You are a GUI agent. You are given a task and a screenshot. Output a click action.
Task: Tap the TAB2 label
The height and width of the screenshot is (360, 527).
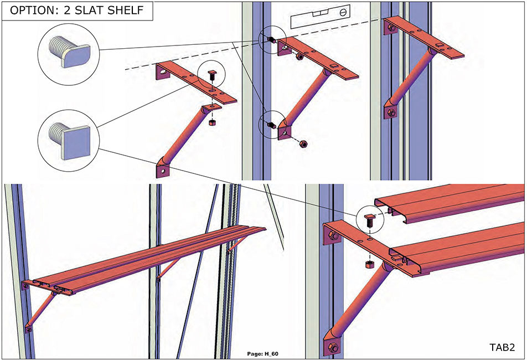coord(502,347)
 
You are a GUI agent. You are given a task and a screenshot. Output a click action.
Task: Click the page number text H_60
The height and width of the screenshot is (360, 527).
coord(272,353)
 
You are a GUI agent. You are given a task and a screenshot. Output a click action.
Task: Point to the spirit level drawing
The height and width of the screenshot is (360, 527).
coord(321,16)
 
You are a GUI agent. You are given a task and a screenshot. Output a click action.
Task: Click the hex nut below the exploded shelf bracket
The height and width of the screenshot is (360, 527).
coord(212,122)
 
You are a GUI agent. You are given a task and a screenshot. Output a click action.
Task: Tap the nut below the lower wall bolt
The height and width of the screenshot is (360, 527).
coord(303,144)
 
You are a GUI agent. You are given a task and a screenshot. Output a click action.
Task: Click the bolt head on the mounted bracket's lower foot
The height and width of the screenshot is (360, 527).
coord(391,112)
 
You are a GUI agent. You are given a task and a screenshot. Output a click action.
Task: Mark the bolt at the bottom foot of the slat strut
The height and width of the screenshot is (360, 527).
coord(333,347)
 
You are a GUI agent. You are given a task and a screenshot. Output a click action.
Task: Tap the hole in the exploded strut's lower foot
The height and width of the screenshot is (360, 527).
coord(163,172)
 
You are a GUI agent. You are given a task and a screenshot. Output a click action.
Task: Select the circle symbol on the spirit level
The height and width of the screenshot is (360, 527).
coord(343,13)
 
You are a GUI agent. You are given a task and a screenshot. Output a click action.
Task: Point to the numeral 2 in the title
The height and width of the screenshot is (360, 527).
coord(67,11)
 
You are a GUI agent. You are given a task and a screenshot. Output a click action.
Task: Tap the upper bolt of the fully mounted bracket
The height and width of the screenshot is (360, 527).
coord(391,28)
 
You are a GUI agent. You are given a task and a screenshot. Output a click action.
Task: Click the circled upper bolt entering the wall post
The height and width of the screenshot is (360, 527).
coord(271,40)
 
